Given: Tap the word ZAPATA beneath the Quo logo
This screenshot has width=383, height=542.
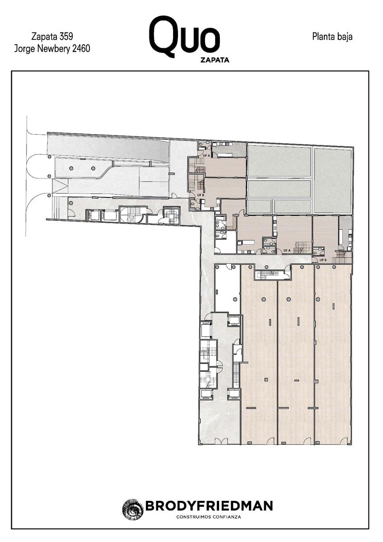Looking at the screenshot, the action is click(215, 60).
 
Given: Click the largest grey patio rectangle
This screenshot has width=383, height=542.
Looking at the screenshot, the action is click(333, 180).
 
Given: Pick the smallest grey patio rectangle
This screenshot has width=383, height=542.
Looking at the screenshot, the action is click(259, 207).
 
